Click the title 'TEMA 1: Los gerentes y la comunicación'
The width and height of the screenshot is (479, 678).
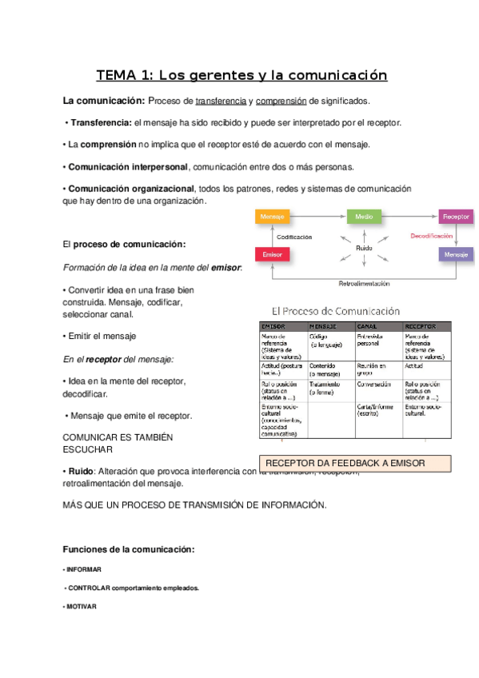tap(241, 76)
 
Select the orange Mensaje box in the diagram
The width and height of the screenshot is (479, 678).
tap(272, 217)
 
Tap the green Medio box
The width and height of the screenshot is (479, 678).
tap(364, 217)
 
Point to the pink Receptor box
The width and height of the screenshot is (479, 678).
tap(456, 217)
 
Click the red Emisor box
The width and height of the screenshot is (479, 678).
tap(272, 254)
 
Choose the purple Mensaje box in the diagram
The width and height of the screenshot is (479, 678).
tap(456, 254)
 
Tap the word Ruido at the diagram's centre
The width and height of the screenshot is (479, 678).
tap(364, 249)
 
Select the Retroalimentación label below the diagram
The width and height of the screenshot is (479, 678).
tap(364, 283)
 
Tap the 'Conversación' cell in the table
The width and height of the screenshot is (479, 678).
tap(374, 385)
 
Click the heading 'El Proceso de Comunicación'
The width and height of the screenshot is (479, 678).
tap(347, 309)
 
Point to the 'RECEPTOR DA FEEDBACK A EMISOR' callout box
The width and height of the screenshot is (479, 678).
tap(355, 463)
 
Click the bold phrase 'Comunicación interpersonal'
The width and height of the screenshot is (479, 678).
tap(127, 167)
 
